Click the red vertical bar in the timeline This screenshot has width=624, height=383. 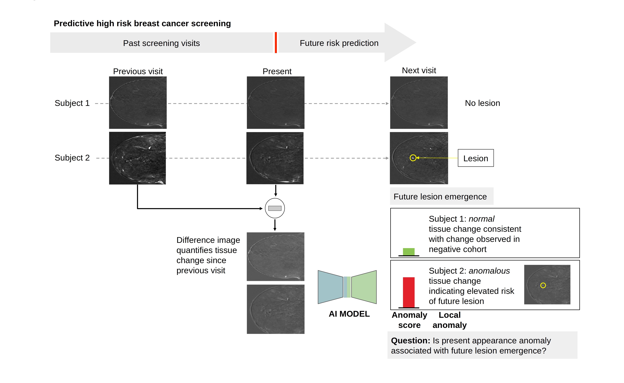click(x=276, y=43)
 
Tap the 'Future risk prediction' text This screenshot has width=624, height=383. click(x=339, y=43)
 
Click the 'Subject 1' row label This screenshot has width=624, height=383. click(x=72, y=103)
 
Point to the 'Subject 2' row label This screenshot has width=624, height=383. click(x=72, y=158)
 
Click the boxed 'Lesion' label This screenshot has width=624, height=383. click(x=476, y=158)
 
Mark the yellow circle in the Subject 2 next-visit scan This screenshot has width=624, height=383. click(x=413, y=158)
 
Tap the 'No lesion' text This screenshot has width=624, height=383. click(x=482, y=103)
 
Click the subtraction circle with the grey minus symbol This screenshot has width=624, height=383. click(x=275, y=208)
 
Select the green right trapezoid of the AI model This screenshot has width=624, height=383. click(x=364, y=287)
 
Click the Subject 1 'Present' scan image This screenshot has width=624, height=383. click(x=276, y=103)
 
